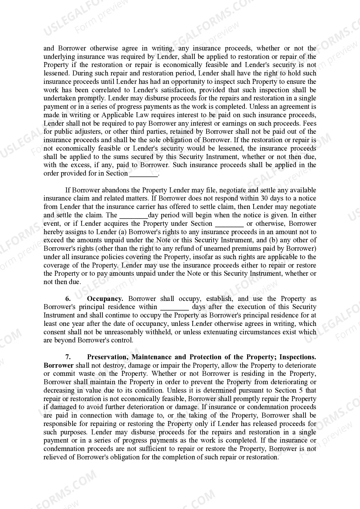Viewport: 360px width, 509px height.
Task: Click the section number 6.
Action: coord(68,299)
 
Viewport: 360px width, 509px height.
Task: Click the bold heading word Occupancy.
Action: coord(105,299)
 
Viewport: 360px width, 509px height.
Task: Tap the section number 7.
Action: coord(68,357)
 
